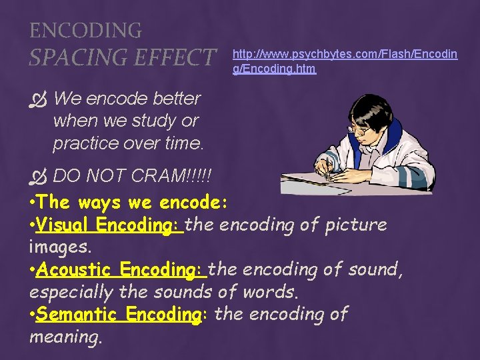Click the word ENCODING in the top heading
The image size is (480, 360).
point(85,30)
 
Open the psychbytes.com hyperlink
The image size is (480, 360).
point(345,61)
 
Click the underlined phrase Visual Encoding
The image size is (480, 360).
point(110,225)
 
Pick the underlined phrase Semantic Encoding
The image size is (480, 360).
point(119,314)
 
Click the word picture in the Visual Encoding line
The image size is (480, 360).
point(355,225)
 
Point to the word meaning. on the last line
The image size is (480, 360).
point(66,337)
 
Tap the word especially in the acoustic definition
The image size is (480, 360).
point(72,293)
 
